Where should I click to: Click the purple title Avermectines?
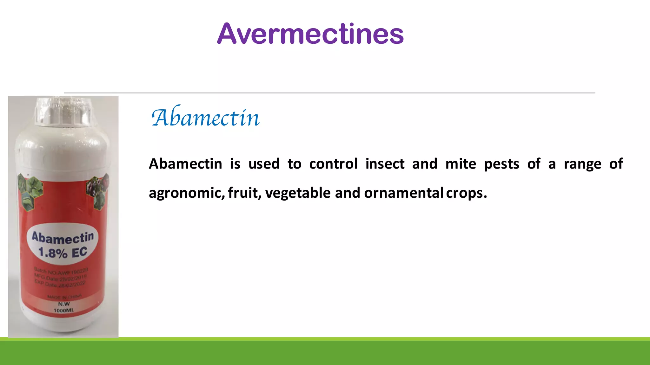pyautogui.click(x=310, y=34)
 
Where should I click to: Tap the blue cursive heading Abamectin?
pyautogui.click(x=206, y=118)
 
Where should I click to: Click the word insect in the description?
pyautogui.click(x=385, y=164)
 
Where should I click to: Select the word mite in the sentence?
pyautogui.click(x=461, y=164)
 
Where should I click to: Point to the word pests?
pyautogui.click(x=501, y=164)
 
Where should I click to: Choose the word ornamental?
pyautogui.click(x=403, y=193)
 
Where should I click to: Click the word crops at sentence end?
pyautogui.click(x=466, y=193)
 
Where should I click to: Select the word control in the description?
pyautogui.click(x=333, y=164)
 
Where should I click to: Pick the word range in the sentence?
pyautogui.click(x=582, y=164)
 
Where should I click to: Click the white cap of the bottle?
pyautogui.click(x=64, y=111)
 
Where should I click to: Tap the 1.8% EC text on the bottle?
pyautogui.click(x=63, y=253)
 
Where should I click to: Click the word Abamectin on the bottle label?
pyautogui.click(x=63, y=238)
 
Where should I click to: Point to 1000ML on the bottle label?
pyautogui.click(x=64, y=310)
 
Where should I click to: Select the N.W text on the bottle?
pyautogui.click(x=64, y=304)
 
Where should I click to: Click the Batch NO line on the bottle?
pyautogui.click(x=61, y=271)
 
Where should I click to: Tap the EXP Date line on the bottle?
pyautogui.click(x=60, y=284)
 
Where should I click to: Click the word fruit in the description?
pyautogui.click(x=243, y=193)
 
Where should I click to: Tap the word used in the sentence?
pyautogui.click(x=264, y=164)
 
